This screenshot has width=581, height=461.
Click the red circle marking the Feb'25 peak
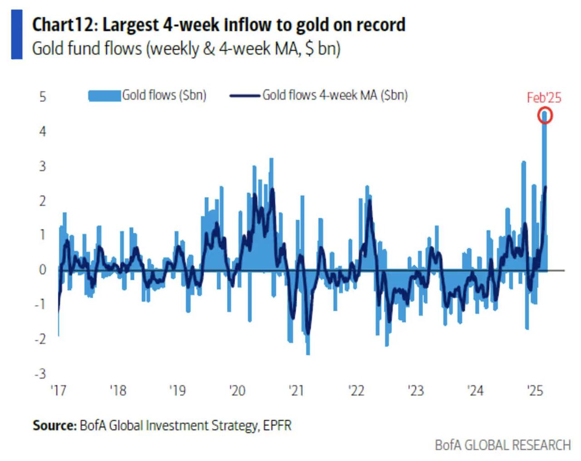pos(545,116)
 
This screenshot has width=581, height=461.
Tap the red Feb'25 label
pos(544,98)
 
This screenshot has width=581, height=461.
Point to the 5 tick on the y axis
pos(43,97)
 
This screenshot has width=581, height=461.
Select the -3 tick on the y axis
pos(41,374)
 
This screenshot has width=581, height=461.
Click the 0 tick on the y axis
pos(43,269)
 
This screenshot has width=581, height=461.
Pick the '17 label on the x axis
pos(58,391)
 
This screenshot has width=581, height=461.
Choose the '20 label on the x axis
pos(237,391)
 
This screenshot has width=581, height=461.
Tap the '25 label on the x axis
pos(535,391)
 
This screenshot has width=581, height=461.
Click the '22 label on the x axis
pos(356,391)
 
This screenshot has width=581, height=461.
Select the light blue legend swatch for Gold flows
pos(104,96)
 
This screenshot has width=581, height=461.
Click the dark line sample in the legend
pos(245,96)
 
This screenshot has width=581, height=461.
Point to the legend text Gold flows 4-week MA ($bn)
pos(335,95)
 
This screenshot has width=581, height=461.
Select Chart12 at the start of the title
pos(62,25)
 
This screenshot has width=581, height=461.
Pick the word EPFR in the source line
pos(277,426)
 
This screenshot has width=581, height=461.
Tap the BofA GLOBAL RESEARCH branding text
pos(502,445)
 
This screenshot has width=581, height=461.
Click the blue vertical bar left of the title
pos(17,35)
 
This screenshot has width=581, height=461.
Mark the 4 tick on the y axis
pos(43,132)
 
